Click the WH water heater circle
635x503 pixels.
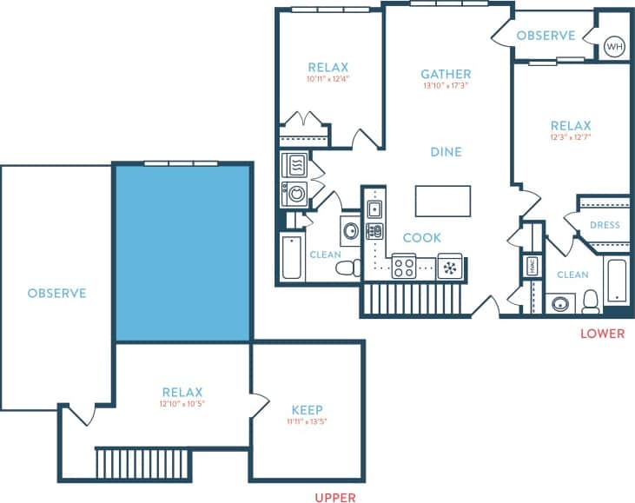tap(614, 45)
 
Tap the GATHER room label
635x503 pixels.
tap(446, 74)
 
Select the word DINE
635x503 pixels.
tap(446, 152)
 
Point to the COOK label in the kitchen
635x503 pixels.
tap(421, 237)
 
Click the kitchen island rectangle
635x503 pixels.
tap(443, 201)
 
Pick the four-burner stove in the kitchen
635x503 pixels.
tap(404, 267)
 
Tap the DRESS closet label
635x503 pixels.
tap(604, 225)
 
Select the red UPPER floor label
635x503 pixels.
tap(334, 498)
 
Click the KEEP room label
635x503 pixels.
tap(308, 409)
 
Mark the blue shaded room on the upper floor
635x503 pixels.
tap(182, 253)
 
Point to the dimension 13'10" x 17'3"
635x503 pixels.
tap(446, 86)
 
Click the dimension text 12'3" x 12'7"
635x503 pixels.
tap(570, 137)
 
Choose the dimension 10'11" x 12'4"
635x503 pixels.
tap(327, 79)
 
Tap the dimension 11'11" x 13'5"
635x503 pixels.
tap(308, 421)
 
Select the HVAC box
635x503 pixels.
tap(532, 267)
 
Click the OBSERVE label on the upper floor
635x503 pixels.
tap(56, 293)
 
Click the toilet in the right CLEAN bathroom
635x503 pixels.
tap(592, 301)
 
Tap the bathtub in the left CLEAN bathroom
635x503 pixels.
tap(291, 258)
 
